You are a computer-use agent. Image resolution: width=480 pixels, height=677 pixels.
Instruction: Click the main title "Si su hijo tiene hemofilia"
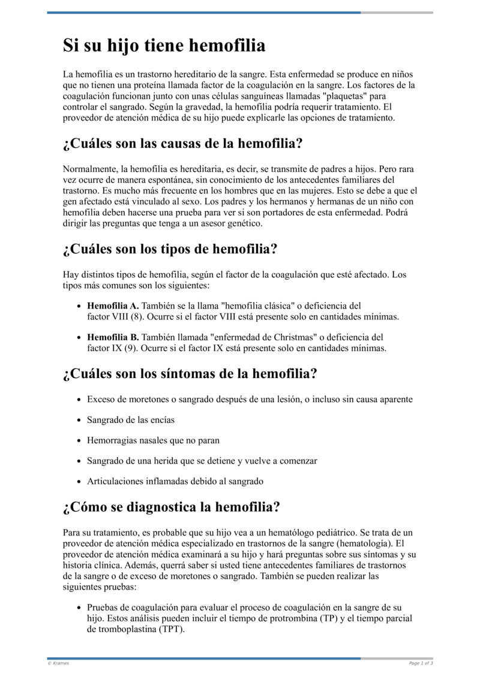[x=164, y=46]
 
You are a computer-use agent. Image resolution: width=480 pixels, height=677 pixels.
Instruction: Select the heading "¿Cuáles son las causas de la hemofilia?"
[x=182, y=144]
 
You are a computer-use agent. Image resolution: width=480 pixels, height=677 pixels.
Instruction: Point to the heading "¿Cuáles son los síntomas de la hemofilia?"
[x=190, y=374]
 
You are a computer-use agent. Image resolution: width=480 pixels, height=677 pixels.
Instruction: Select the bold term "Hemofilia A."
[x=113, y=306]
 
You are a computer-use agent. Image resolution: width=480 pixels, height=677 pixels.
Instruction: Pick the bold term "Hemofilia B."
[x=113, y=337]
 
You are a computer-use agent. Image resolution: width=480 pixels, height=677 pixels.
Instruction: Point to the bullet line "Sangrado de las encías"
[x=131, y=420]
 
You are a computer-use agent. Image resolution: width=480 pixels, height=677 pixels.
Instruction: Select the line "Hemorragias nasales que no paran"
[x=153, y=440]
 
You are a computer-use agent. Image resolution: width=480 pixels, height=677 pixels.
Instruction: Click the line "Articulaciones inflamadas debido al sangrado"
[x=175, y=481]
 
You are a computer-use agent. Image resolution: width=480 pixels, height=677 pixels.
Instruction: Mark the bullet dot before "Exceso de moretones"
[x=80, y=400]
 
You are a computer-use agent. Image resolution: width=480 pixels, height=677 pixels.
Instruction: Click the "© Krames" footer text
[x=58, y=663]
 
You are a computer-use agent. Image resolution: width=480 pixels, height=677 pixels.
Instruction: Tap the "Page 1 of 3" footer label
[x=421, y=663]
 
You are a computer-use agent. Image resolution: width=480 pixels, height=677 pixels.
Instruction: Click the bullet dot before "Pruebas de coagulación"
[x=80, y=608]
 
